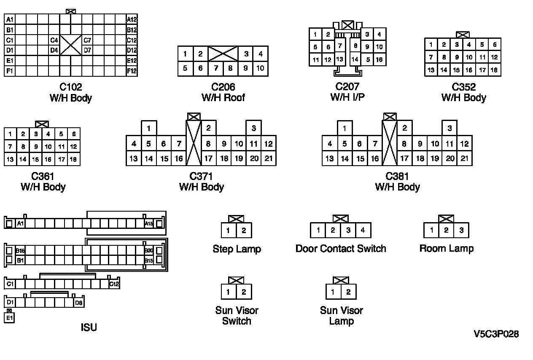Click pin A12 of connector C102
tap(132, 19)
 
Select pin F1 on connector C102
tap(10, 71)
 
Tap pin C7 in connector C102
tap(87, 40)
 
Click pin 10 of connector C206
tap(260, 68)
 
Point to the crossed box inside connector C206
tap(223, 54)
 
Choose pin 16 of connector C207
tap(379, 59)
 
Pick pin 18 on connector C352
tap(494, 70)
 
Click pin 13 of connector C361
tap(10, 159)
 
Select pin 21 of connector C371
tap(269, 159)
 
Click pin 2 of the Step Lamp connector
tap(244, 231)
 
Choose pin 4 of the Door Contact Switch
tap(363, 230)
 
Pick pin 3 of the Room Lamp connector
tap(461, 230)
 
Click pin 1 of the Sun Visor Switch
tap(228, 292)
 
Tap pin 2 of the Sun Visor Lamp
tap(348, 292)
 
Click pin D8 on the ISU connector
tap(78, 302)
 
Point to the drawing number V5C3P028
tap(496, 334)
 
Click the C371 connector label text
tap(201, 176)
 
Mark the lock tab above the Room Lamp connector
tap(446, 219)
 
